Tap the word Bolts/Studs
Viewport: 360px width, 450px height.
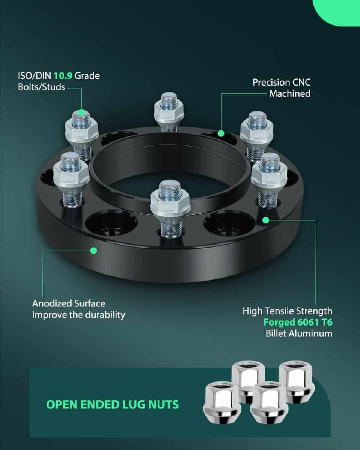(42, 87)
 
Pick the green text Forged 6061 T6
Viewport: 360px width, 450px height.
(298, 322)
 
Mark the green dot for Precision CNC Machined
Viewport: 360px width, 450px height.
(221, 133)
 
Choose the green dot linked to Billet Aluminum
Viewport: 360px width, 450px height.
(266, 220)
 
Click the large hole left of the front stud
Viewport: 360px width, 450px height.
(106, 224)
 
